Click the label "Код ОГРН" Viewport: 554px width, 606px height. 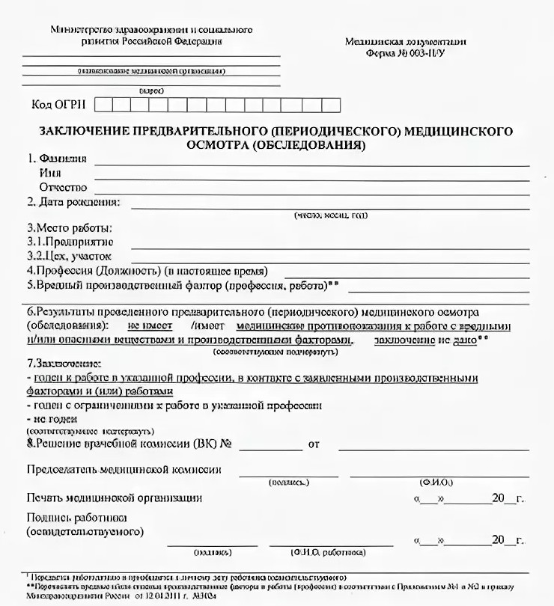(x=56, y=105)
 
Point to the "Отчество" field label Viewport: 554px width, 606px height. (x=63, y=187)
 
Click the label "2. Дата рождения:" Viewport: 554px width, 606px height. (x=73, y=202)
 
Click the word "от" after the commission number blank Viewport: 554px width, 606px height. (x=314, y=444)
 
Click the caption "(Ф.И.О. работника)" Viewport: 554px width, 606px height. (x=329, y=552)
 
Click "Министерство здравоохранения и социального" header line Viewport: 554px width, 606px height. (x=151, y=30)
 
